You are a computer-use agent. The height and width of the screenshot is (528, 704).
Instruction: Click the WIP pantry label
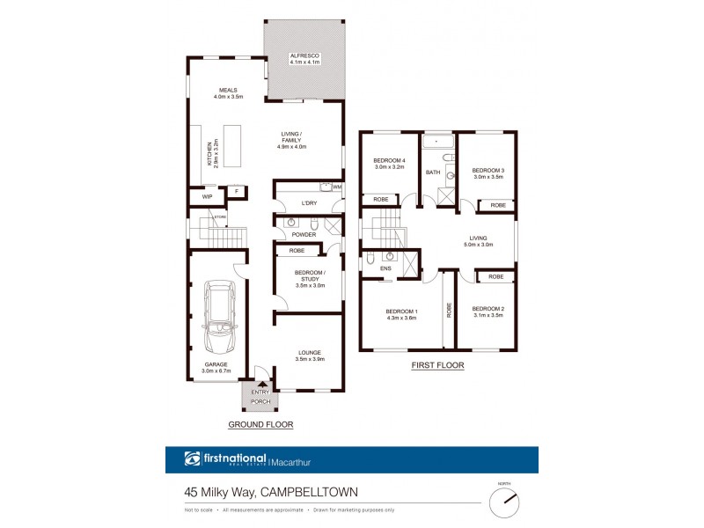pyautogui.click(x=207, y=197)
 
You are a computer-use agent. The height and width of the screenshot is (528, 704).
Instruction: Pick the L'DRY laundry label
pyautogui.click(x=308, y=204)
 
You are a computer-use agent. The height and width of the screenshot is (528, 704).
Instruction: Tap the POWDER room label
pyautogui.click(x=304, y=235)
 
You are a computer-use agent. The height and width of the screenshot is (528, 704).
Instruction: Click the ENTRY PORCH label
pyautogui.click(x=260, y=397)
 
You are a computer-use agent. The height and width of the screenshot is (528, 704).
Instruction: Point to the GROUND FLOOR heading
pyautogui.click(x=260, y=424)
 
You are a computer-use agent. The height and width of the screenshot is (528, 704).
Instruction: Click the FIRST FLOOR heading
pyautogui.click(x=436, y=365)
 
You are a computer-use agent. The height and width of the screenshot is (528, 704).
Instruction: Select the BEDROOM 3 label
pyautogui.click(x=488, y=173)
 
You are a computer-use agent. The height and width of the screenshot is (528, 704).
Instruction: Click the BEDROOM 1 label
pyautogui.click(x=401, y=314)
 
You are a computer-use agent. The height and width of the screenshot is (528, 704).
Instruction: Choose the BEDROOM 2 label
pyautogui.click(x=487, y=312)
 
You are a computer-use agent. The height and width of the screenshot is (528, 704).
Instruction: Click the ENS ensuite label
pyautogui.click(x=385, y=268)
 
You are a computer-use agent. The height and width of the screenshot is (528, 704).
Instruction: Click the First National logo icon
pyautogui.click(x=193, y=458)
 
